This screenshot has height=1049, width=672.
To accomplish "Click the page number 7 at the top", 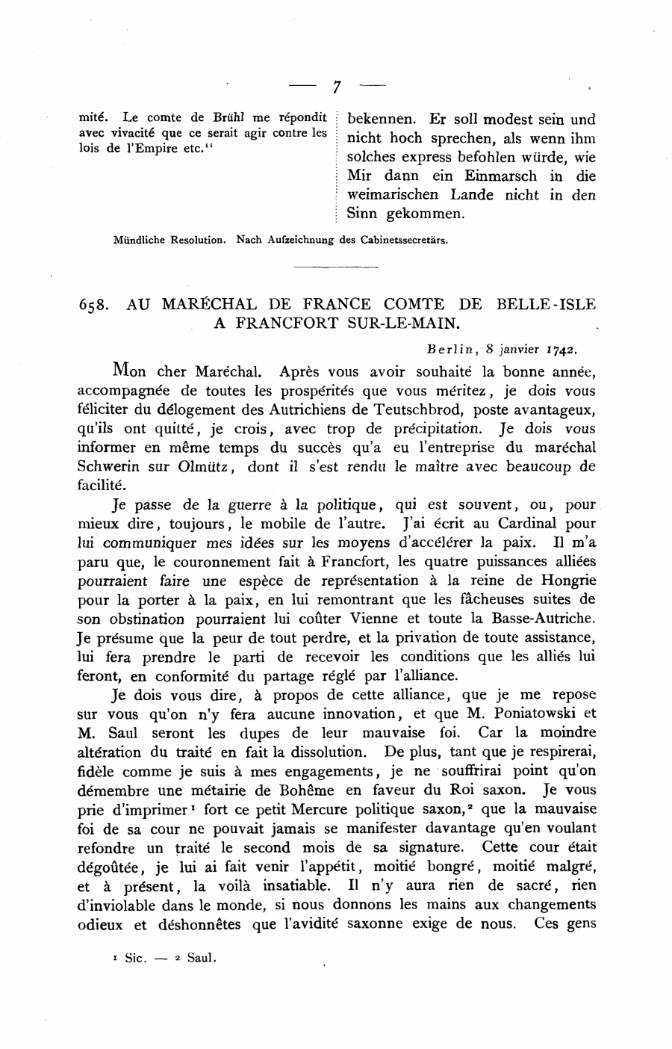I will pos(336,87).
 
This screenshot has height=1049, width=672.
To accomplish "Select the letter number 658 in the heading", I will pos(93,306).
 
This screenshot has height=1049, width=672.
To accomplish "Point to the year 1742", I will pos(561,348).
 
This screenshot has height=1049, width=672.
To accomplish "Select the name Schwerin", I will pos(109,467).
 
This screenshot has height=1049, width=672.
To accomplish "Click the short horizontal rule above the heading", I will pos(336,265).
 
